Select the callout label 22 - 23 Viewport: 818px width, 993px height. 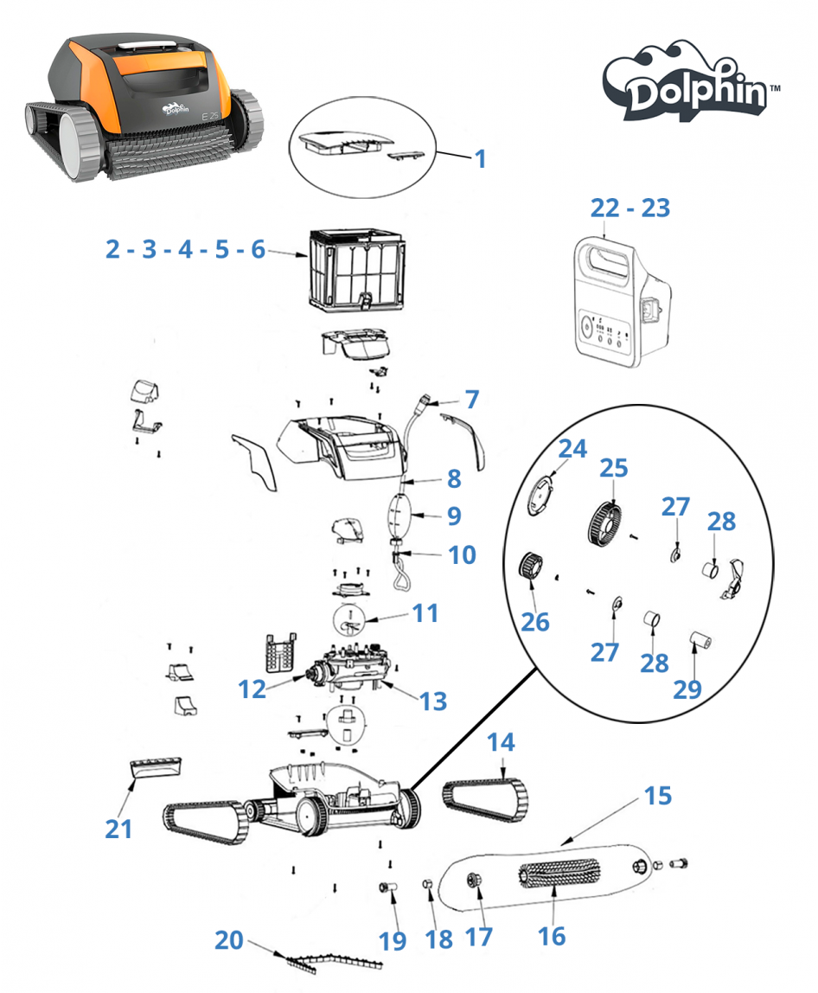(x=629, y=208)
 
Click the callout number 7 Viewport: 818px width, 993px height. (x=471, y=400)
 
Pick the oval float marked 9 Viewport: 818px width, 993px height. (x=399, y=515)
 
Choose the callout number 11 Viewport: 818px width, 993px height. (x=425, y=613)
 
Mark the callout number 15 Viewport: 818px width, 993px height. (x=658, y=795)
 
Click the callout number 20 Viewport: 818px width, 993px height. (x=229, y=940)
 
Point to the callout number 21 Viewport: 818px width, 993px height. (x=118, y=828)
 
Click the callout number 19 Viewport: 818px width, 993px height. (x=393, y=940)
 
